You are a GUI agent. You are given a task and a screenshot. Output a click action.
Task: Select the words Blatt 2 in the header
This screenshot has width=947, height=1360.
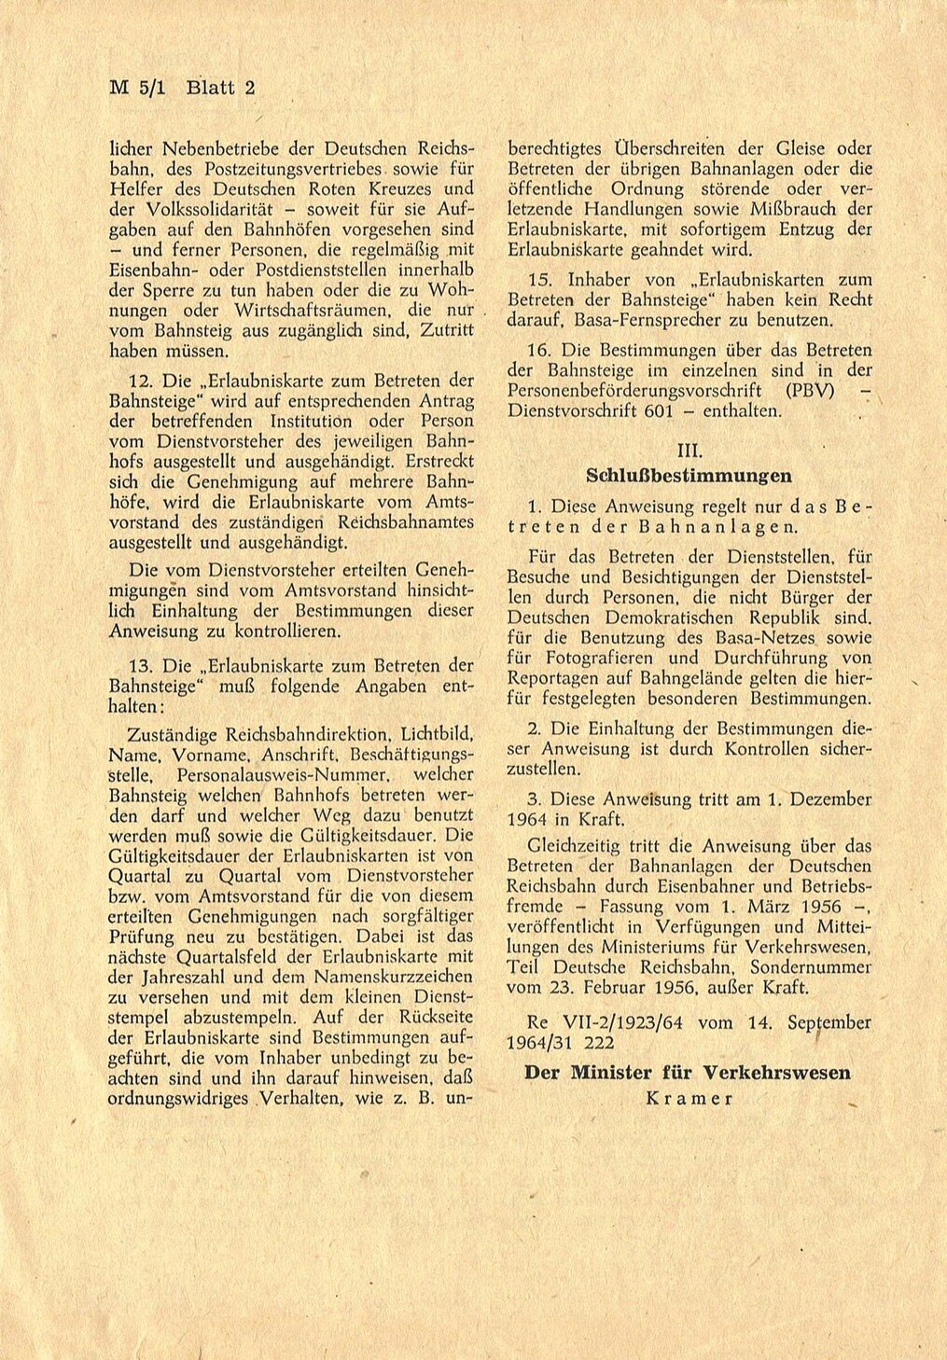(221, 89)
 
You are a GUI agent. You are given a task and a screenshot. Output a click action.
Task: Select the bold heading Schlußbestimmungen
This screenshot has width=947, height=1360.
(689, 476)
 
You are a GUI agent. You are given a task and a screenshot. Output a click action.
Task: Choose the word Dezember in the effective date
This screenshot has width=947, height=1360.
(829, 799)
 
